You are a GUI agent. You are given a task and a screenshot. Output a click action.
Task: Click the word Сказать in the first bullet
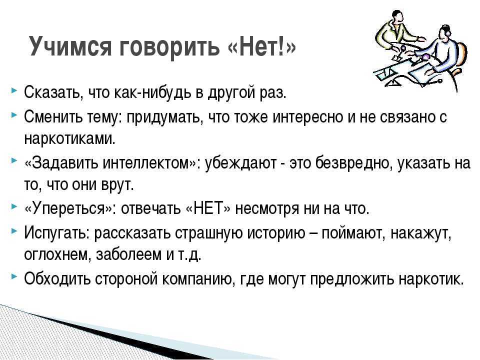[53, 92]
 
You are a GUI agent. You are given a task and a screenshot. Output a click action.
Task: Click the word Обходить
[57, 278]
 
